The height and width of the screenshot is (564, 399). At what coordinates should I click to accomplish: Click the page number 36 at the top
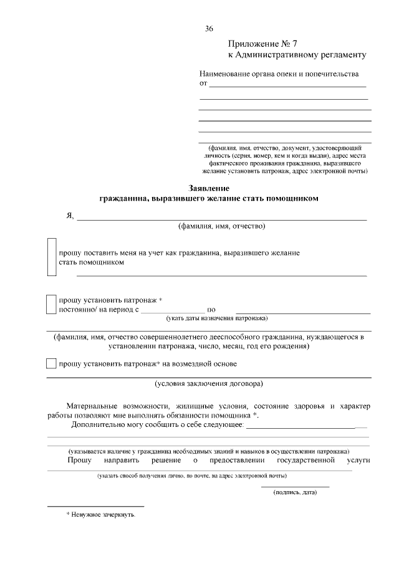(209, 29)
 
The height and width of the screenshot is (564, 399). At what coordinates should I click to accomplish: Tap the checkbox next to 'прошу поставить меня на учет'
(52, 257)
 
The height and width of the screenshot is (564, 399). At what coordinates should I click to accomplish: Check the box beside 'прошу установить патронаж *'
(52, 304)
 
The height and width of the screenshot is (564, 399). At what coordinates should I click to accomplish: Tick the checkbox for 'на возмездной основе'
(51, 363)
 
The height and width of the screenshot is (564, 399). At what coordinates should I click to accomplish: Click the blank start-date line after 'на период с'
(172, 310)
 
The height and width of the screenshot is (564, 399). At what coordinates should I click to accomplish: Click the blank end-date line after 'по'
(303, 310)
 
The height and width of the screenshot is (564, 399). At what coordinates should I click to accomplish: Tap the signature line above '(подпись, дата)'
(295, 486)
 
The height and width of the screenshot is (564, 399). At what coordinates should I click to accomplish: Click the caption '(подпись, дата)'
(295, 493)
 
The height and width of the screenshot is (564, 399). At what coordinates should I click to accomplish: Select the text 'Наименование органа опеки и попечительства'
(279, 74)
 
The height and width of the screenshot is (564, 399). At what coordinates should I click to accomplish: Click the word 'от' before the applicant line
(203, 83)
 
